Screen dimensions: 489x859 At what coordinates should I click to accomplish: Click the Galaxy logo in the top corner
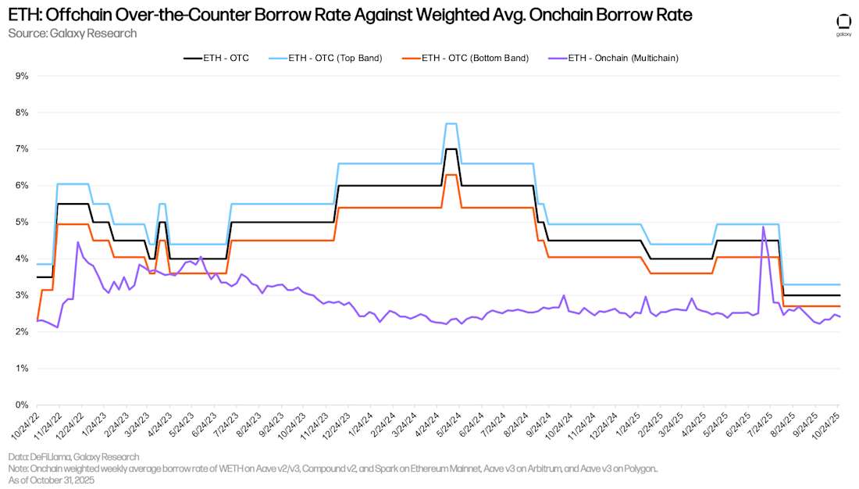[x=843, y=23]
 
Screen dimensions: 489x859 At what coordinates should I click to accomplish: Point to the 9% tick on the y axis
[x=22, y=76]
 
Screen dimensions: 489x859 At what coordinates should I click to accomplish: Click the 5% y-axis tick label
[x=22, y=222]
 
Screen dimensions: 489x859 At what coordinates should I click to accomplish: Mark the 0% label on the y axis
[x=22, y=405]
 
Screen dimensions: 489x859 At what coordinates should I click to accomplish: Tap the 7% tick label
[x=22, y=148]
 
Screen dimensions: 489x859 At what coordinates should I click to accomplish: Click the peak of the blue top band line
[x=451, y=123]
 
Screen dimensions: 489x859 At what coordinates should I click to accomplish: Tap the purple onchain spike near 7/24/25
[x=762, y=227]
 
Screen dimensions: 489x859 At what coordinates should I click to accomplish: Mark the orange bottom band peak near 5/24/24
[x=451, y=175]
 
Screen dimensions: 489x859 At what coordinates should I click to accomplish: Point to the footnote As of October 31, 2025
[x=52, y=480]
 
